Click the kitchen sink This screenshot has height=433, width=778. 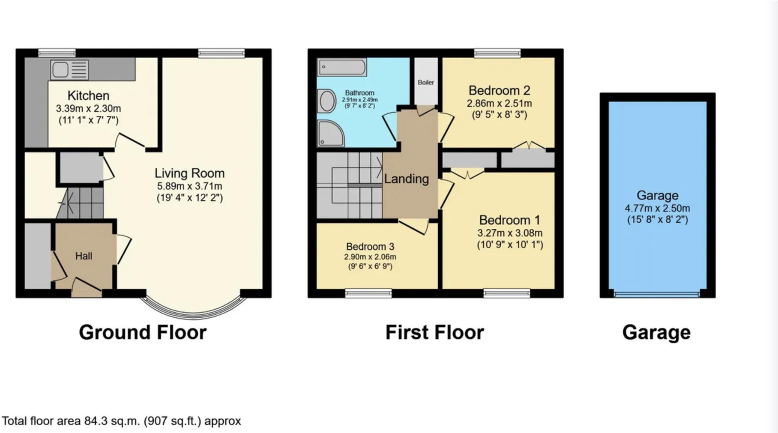tap(69, 70)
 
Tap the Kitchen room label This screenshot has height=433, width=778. tap(88, 96)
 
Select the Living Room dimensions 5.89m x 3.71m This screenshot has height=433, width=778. tap(189, 186)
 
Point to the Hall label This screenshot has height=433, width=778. tap(84, 256)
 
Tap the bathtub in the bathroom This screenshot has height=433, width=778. tap(342, 67)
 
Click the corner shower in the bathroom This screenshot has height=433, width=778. tap(330, 133)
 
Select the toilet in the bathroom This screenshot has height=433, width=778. tap(326, 101)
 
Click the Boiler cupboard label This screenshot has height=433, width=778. tap(426, 82)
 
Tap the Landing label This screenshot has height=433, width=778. tap(406, 179)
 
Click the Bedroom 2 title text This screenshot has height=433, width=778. tap(499, 90)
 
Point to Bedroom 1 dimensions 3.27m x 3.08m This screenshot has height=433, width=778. tap(510, 233)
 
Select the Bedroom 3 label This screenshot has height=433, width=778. tap(370, 247)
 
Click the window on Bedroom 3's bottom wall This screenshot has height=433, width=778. tap(368, 293)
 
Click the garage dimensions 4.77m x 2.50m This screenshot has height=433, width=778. tap(657, 209)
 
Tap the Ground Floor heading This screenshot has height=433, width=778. tap(143, 332)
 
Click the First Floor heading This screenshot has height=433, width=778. tap(434, 332)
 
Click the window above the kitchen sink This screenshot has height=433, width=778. tap(57, 53)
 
